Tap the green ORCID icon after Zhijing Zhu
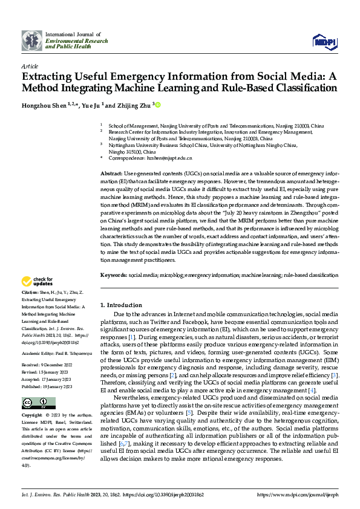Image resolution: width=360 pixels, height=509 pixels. tap(159, 105)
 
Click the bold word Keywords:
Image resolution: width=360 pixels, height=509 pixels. tap(113, 275)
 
